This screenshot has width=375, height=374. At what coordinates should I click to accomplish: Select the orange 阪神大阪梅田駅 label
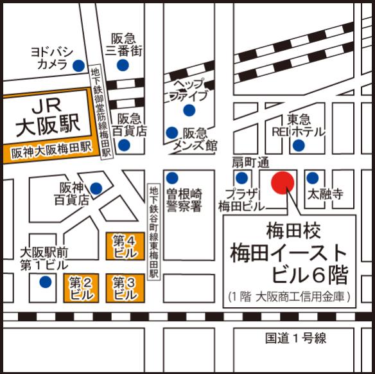[x=51, y=152]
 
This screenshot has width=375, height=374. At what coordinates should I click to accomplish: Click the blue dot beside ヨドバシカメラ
[x=78, y=65]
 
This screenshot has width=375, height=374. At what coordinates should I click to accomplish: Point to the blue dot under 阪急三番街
[x=122, y=65]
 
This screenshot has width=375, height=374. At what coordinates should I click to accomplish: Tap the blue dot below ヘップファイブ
[x=188, y=111]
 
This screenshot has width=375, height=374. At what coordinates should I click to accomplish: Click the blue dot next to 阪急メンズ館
[x=171, y=133]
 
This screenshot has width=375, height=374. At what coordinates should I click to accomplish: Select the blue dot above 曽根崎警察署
[x=172, y=177]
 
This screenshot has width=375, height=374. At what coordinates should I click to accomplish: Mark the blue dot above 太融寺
[x=313, y=177]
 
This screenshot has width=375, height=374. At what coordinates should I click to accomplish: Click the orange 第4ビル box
[x=123, y=247]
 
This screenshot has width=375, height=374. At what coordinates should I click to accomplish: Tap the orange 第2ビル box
[x=80, y=288]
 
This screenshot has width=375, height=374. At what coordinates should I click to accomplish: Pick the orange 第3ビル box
[x=124, y=288]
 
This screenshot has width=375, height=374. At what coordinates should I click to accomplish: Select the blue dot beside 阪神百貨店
[x=96, y=188]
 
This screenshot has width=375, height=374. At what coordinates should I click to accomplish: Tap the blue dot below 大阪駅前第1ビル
[x=45, y=282]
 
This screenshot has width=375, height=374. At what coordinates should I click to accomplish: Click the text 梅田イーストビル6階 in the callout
[x=289, y=263]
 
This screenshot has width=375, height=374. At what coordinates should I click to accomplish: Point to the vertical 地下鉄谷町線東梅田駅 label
[x=153, y=231]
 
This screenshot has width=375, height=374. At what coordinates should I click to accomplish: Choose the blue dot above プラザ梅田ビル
[x=241, y=177]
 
